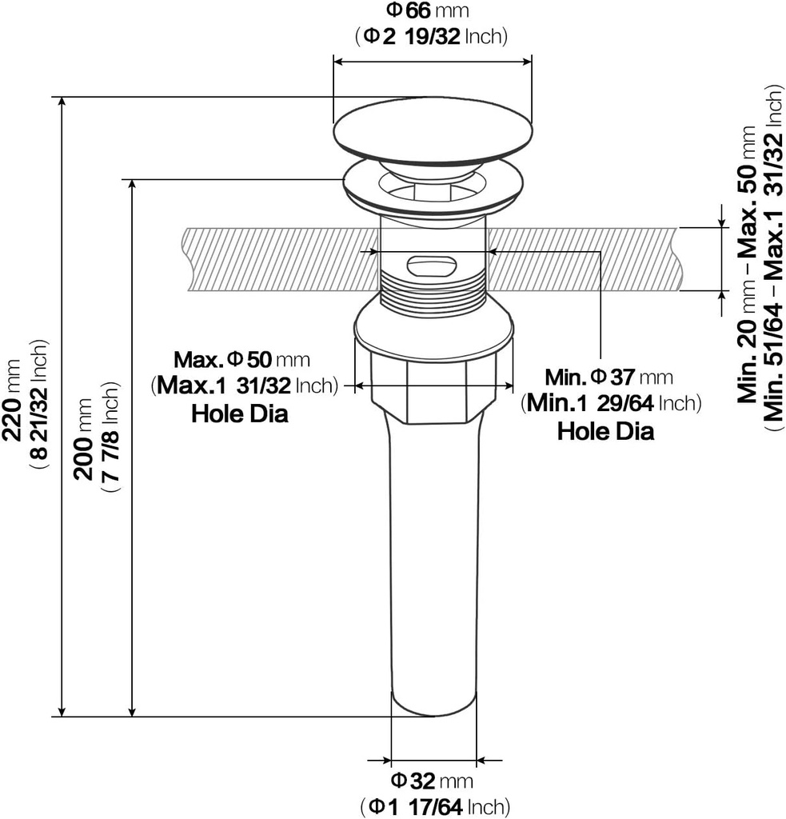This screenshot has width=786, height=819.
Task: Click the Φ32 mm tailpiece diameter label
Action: point(431,781)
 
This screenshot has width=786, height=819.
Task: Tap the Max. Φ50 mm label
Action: point(241,359)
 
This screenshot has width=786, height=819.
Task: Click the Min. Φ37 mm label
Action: point(609,376)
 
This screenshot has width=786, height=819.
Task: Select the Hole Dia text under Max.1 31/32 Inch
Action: point(240,413)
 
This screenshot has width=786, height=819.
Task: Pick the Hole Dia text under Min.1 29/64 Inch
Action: point(605,431)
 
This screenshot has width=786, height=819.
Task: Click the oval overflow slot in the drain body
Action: point(432,266)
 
